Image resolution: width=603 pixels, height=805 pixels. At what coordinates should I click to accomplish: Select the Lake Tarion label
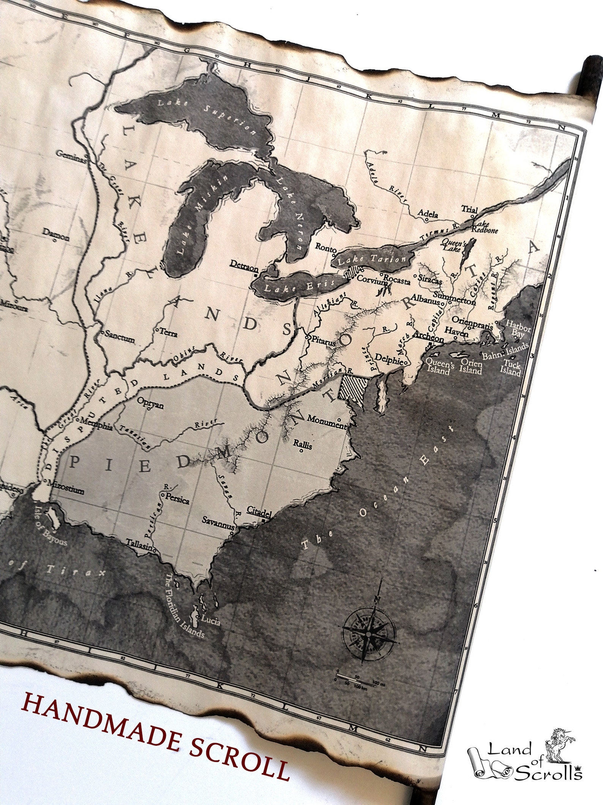(x=372, y=259)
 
